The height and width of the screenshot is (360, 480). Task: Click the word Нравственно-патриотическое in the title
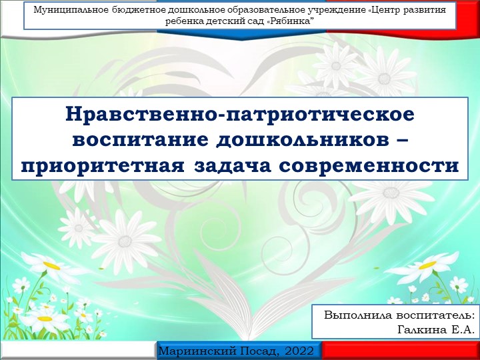pos(240,113)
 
